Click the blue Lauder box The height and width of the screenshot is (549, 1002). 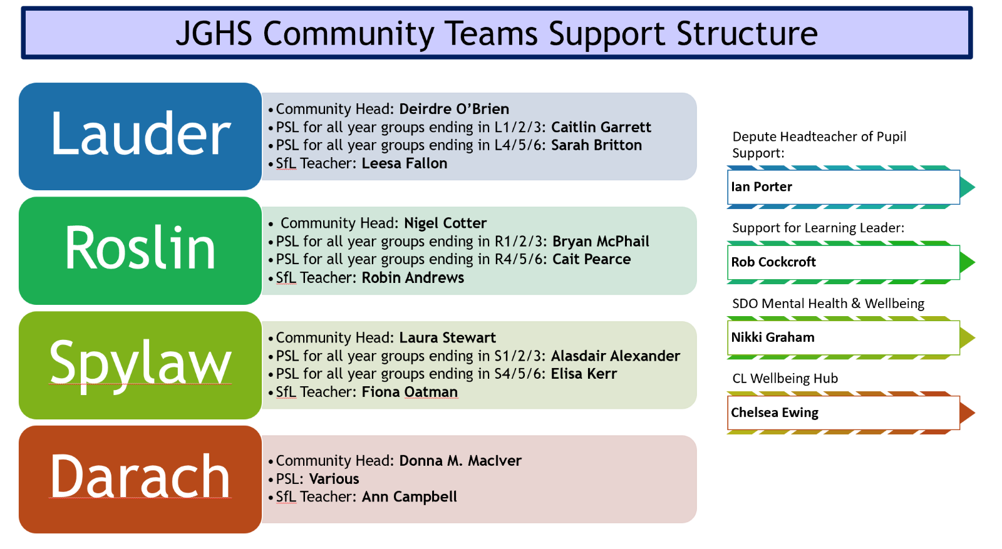[x=140, y=136]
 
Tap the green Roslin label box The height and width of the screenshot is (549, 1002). [x=140, y=250]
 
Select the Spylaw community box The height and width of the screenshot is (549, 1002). [x=140, y=365]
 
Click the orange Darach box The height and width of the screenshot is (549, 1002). [x=140, y=480]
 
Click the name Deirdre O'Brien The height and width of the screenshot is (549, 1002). [x=454, y=109]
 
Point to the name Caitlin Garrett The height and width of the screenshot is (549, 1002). [x=601, y=127]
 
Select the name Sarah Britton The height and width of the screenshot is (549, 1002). [x=596, y=145]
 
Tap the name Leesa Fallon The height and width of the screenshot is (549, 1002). [x=405, y=163]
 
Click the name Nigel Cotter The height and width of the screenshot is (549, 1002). [x=445, y=223]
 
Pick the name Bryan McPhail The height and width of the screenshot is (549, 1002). [x=601, y=242]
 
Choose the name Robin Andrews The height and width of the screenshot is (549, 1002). [x=413, y=278]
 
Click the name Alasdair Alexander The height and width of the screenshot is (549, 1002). [x=615, y=356]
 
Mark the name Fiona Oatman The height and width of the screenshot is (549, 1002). [x=410, y=392]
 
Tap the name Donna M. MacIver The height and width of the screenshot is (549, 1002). [x=460, y=461]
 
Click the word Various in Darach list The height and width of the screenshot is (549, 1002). [x=334, y=479]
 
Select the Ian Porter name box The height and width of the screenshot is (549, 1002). [x=843, y=187]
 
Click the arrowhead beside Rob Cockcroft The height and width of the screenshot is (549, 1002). [x=967, y=262]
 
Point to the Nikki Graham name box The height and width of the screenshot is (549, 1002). [x=843, y=337]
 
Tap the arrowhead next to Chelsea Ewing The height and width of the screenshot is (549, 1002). [x=967, y=413]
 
